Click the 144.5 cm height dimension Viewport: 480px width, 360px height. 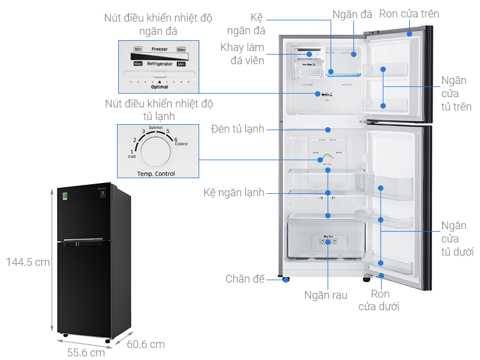click(28, 262)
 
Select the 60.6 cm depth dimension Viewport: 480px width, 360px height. click(145, 344)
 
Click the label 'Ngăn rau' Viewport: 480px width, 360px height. click(326, 295)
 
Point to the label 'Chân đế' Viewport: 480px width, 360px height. click(245, 278)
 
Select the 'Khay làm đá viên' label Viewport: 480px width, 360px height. click(242, 54)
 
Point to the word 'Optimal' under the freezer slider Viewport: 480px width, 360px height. click(159, 87)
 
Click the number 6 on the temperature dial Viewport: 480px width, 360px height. click(176, 140)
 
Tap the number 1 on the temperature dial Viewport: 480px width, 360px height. click(133, 151)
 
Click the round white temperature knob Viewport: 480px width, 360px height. click(156, 151)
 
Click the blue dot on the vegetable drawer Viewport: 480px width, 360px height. click(328, 242)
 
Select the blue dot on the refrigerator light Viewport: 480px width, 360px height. click(328, 129)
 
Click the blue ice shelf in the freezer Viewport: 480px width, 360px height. click(344, 74)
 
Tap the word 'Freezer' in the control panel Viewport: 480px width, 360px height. click(160, 49)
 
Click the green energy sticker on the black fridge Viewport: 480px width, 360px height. click(66, 195)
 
